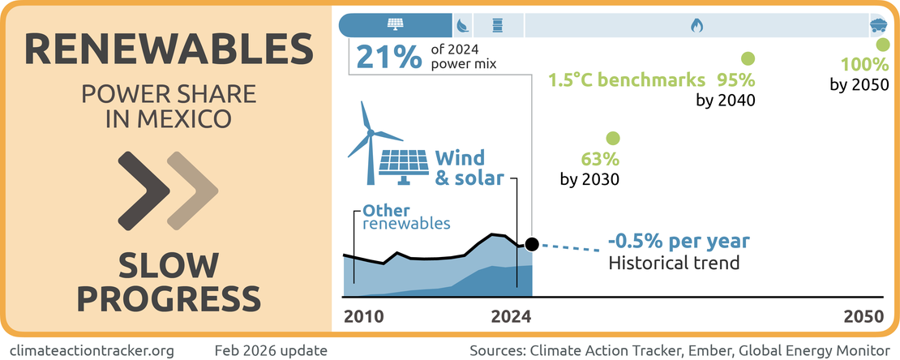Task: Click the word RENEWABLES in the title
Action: click(169, 50)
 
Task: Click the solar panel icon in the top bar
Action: click(395, 24)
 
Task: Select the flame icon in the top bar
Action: click(696, 25)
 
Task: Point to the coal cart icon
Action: click(879, 24)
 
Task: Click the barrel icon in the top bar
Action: click(497, 25)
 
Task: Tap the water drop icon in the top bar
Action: click(462, 25)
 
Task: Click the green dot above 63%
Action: click(612, 139)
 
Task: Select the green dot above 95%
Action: click(748, 58)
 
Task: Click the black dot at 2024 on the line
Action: click(532, 244)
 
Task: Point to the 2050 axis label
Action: click(862, 316)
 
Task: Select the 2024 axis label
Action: click(511, 316)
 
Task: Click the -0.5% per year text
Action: click(678, 242)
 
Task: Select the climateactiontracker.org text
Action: click(92, 350)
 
